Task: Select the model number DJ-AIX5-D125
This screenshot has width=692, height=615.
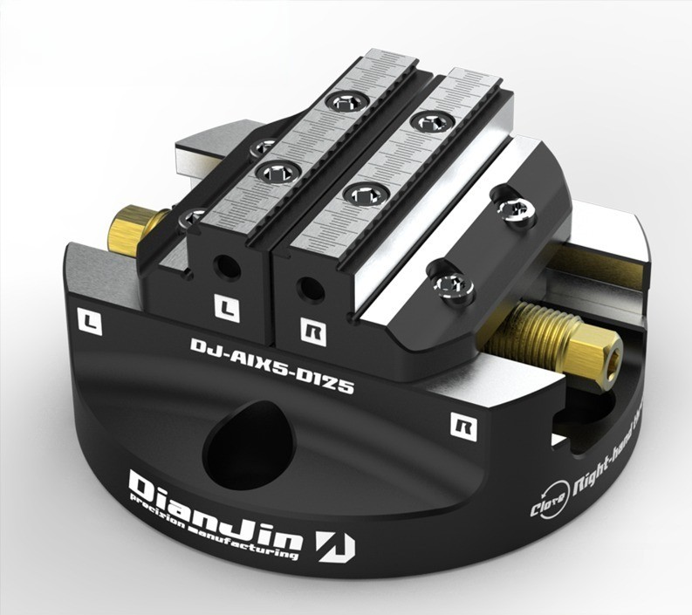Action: (x=271, y=366)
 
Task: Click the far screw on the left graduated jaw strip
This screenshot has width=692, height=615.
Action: (x=346, y=102)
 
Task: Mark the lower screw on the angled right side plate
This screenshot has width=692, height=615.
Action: (x=454, y=282)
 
